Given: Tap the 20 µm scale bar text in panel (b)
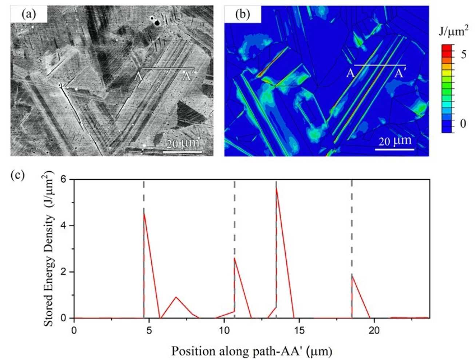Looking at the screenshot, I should pyautogui.click(x=395, y=141).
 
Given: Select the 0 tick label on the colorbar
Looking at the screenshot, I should pyautogui.click(x=463, y=124).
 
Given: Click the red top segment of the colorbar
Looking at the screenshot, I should pyautogui.click(x=447, y=48).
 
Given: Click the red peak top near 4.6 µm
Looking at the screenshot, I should pyautogui.click(x=144, y=213).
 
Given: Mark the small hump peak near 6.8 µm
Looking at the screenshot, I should pyautogui.click(x=176, y=297).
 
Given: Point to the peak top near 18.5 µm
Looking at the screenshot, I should pyautogui.click(x=352, y=277).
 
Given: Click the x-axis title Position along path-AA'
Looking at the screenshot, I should pyautogui.click(x=251, y=351).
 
